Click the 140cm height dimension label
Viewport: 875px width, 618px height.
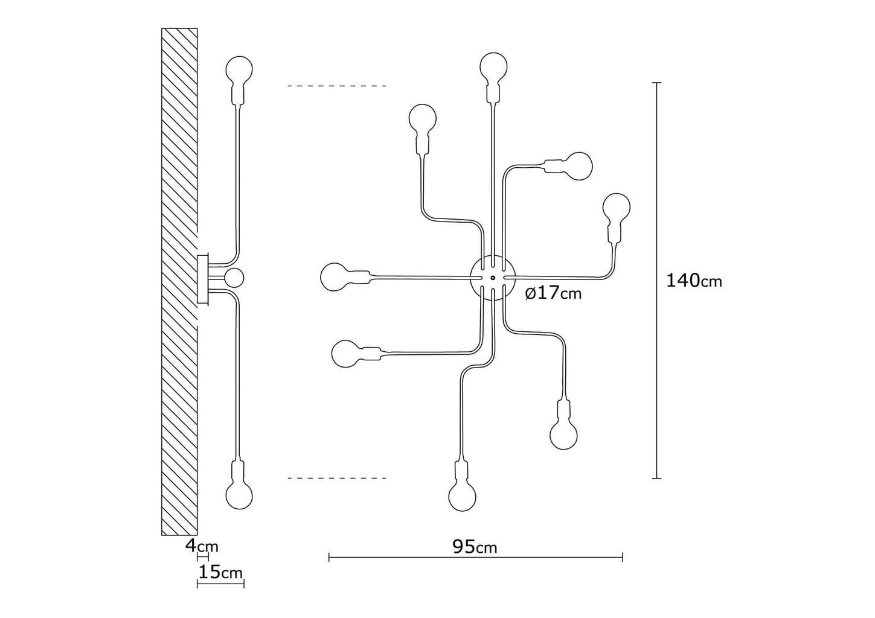[694, 281]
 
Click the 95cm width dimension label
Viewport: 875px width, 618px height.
[475, 547]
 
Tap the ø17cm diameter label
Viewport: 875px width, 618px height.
[553, 293]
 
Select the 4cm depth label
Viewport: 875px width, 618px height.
[202, 546]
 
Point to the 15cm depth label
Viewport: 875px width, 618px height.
[220, 572]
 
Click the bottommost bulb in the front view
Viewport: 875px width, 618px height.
[462, 496]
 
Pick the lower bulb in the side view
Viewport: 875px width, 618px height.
[238, 494]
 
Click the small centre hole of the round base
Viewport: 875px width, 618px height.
[493, 278]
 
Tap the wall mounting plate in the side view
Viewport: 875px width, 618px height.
[203, 279]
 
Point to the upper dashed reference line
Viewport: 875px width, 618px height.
[337, 86]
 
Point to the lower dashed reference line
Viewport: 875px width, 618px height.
[337, 479]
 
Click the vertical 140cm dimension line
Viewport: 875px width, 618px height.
[657, 181]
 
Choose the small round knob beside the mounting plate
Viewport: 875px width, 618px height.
[234, 278]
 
